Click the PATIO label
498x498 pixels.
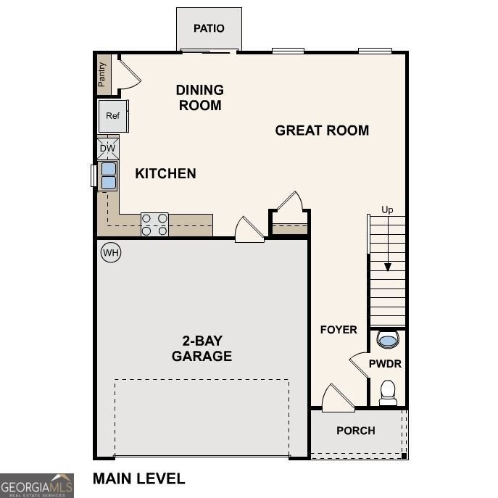coord(209,29)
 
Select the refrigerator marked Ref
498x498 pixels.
coord(112,116)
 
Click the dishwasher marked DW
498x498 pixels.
coord(107,149)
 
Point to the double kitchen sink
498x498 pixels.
coord(107,175)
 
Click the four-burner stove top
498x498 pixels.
coord(154,225)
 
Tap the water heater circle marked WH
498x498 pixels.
coord(110,253)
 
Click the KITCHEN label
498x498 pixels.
coord(165,174)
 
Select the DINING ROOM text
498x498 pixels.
coord(199,98)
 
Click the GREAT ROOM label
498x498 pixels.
coord(322,130)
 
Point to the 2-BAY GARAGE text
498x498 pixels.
coord(202,349)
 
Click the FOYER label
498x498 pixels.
coord(339,330)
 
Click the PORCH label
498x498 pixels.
coord(356,431)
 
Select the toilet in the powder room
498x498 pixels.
coord(389,392)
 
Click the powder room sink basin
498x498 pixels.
coord(388,340)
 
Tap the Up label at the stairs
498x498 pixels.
coord(388,210)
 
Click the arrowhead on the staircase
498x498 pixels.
coord(388,267)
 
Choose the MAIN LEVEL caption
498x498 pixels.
coord(138,478)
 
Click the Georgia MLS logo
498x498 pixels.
coord(36,485)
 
